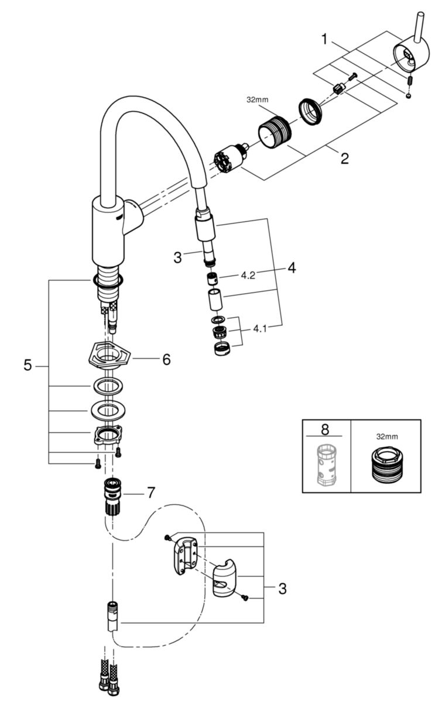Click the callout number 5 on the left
pyautogui.click(x=28, y=366)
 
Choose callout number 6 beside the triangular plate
pyautogui.click(x=166, y=359)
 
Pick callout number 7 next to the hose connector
pyautogui.click(x=150, y=493)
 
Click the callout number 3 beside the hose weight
pyautogui.click(x=282, y=589)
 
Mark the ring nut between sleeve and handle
pyautogui.click(x=310, y=109)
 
